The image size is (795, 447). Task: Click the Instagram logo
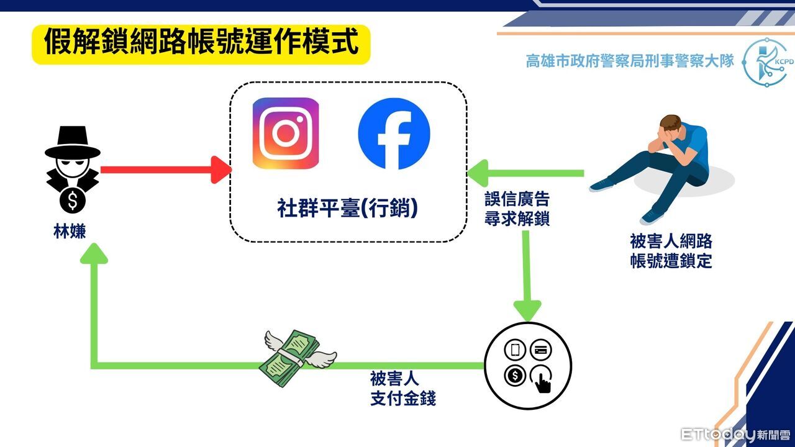tap(286, 133)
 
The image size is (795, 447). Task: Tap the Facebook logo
tap(394, 133)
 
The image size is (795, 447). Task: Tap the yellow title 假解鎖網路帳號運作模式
tap(201, 44)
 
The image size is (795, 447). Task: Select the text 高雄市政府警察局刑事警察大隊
tap(630, 61)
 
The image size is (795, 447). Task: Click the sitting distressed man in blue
tap(658, 165)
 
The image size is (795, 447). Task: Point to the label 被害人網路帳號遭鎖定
tap(671, 251)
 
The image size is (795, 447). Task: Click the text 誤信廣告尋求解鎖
tap(517, 209)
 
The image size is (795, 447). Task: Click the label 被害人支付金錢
tap(403, 388)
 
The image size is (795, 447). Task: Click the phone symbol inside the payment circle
tap(516, 350)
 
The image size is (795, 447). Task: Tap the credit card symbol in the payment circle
tap(540, 350)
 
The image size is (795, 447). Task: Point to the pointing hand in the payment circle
tap(542, 378)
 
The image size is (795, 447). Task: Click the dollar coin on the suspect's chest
tap(73, 200)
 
